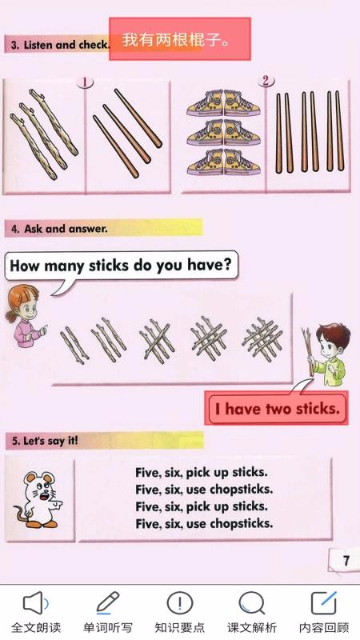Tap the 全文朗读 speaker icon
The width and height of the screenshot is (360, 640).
tap(34, 603)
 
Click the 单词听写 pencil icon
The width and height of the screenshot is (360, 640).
tap(107, 602)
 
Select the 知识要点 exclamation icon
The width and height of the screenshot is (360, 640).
tap(179, 602)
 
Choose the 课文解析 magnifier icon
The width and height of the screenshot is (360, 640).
tap(252, 603)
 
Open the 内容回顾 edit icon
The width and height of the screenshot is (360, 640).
tap(324, 602)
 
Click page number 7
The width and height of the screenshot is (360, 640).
tap(346, 561)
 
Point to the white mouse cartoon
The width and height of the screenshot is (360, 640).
tap(38, 499)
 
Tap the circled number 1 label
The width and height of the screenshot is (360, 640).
tap(85, 82)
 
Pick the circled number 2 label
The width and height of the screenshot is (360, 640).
tap(266, 81)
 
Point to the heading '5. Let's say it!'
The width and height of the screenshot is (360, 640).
tap(45, 441)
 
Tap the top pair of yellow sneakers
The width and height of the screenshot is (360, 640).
tap(223, 103)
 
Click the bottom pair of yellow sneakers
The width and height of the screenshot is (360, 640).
tap(223, 163)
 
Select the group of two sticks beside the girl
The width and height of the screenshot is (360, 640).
tap(74, 346)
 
